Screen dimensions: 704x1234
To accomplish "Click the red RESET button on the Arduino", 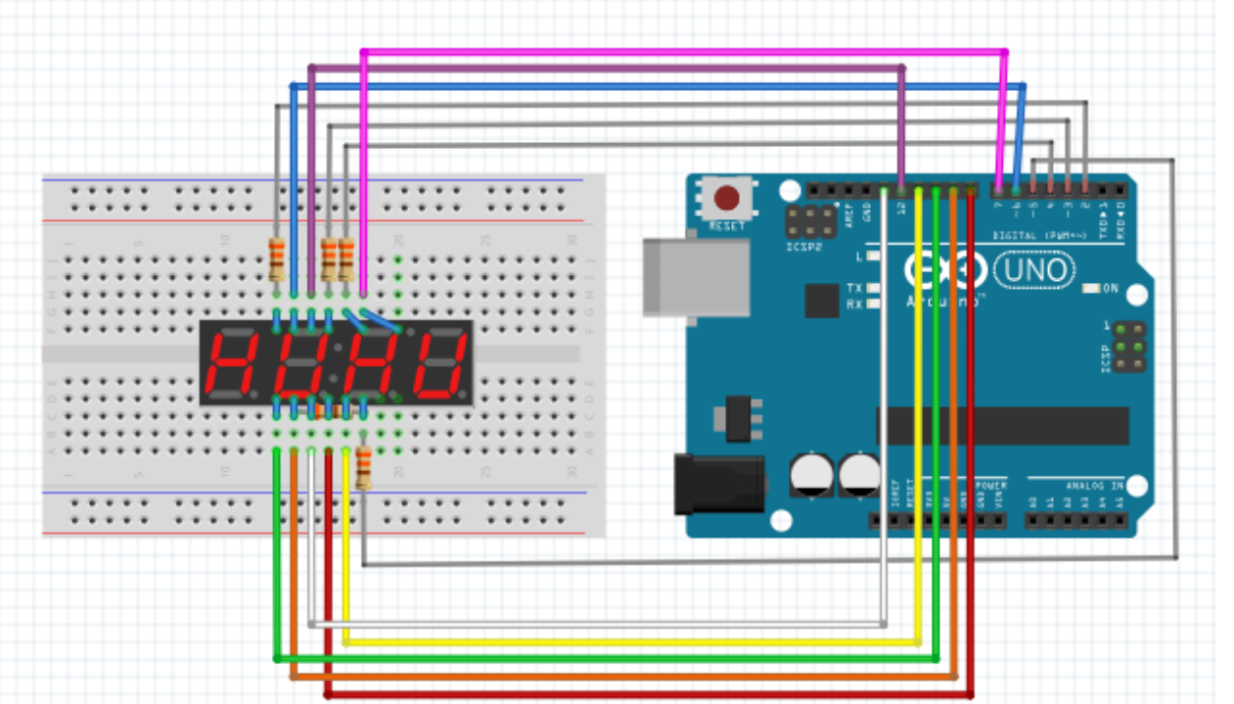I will coord(726,199).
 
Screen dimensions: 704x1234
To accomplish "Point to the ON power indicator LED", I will coord(1092,289).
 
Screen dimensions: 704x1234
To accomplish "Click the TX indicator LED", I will coord(873,288).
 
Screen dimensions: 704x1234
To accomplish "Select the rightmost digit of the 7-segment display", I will coord(438,362).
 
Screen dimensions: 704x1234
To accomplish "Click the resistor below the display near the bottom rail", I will coord(364,468).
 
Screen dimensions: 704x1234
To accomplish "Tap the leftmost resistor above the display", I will coord(277,259).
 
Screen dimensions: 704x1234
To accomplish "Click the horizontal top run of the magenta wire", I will coord(685,51).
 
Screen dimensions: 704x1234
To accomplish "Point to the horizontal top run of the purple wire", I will coord(607,69).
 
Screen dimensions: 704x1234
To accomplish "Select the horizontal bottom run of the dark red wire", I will coord(646,695).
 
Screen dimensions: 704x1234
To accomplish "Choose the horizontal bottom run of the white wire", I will coord(597,624).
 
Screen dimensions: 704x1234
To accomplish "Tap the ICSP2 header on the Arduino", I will coord(811,222).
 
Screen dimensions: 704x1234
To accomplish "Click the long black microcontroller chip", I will coord(1002,426).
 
